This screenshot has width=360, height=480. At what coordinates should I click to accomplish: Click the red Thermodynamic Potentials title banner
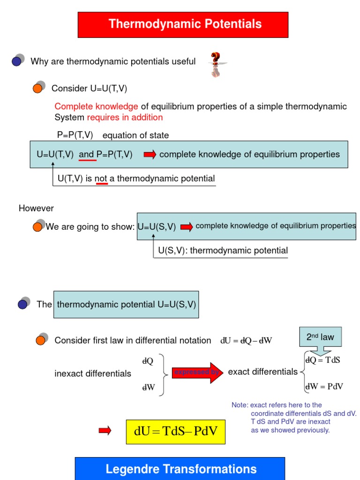183,24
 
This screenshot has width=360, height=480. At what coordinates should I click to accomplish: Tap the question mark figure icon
215,64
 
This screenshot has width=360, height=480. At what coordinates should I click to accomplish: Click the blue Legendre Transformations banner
180,469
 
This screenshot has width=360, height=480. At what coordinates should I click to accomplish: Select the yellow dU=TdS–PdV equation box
176,431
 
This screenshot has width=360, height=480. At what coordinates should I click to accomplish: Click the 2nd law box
321,337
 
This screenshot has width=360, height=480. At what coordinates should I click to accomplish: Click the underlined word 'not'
102,179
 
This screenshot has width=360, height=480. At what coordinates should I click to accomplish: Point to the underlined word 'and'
87,155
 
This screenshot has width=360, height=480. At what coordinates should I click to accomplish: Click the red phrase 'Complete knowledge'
96,106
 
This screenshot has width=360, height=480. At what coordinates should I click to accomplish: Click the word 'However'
36,208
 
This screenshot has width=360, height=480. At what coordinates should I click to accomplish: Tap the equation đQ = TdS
323,360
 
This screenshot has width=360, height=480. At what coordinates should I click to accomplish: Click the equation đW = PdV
324,387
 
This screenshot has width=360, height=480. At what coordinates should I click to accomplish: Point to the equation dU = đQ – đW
246,341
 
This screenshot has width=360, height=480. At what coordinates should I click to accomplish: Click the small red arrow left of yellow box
105,431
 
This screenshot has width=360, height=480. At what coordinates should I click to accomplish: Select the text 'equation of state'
135,135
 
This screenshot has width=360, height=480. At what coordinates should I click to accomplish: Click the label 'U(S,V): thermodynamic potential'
223,251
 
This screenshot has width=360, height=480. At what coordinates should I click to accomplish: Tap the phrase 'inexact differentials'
93,374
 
